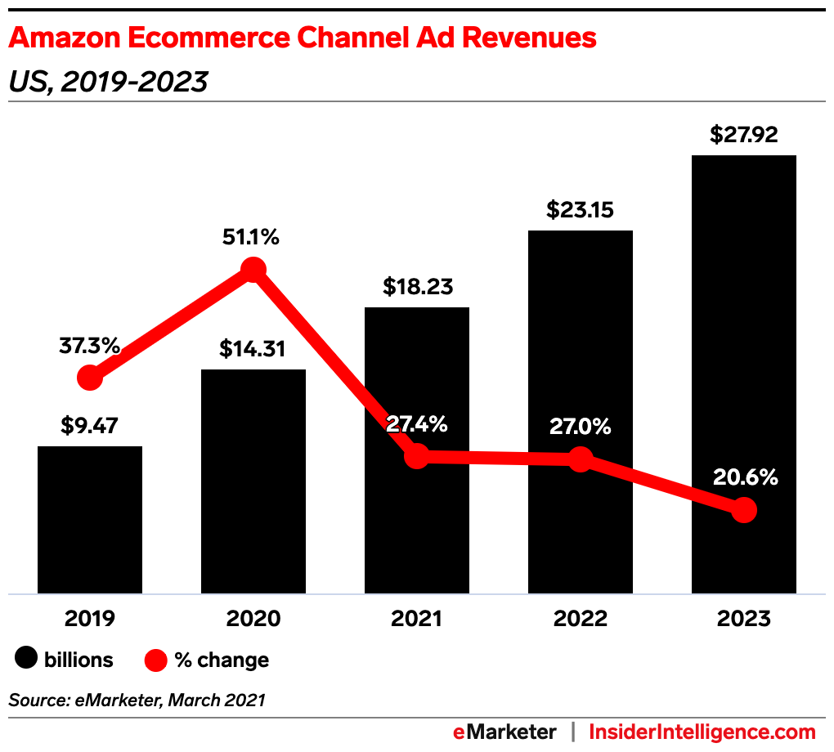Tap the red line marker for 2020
pyautogui.click(x=253, y=269)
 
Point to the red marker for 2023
pyautogui.click(x=743, y=511)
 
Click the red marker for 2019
pyautogui.click(x=90, y=378)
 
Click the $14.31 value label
pyautogui.click(x=253, y=349)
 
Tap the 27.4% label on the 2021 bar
pyautogui.click(x=416, y=424)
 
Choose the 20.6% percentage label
pyautogui.click(x=743, y=477)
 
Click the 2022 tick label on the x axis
pyautogui.click(x=580, y=619)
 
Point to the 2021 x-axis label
pyautogui.click(x=416, y=619)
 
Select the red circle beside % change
pyautogui.click(x=155, y=659)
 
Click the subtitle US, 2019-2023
pyautogui.click(x=108, y=82)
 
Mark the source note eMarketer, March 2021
pyautogui.click(x=137, y=700)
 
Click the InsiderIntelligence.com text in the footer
pyautogui.click(x=702, y=732)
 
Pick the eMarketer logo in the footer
pyautogui.click(x=504, y=732)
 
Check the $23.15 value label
pyautogui.click(x=580, y=210)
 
